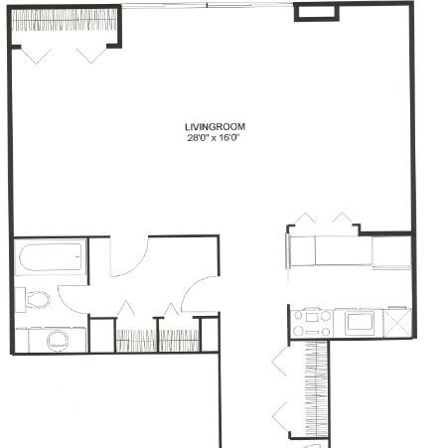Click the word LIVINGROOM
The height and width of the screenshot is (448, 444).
coord(215,127)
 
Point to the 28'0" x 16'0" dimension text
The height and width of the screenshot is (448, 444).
coord(214,138)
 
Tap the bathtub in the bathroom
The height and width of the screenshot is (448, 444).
coord(51,257)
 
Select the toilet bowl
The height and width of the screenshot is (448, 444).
coord(39,299)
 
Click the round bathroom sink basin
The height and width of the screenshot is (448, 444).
coord(58,340)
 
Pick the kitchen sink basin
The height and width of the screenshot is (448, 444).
coord(360,323)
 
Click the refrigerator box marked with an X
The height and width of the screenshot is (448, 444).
coord(397,323)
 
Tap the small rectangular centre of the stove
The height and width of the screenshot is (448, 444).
coord(312,318)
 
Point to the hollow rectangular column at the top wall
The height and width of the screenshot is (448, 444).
coord(317,12)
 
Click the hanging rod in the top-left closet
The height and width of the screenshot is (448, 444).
coord(65,21)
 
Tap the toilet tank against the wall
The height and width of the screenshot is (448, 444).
coord(20,300)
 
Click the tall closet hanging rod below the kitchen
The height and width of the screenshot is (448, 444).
coord(317,388)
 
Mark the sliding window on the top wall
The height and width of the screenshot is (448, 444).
coord(208,5)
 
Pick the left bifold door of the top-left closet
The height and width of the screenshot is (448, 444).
coord(36,56)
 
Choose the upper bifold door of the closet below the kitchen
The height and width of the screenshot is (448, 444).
coord(280,362)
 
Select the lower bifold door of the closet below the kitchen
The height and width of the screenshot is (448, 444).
coord(280,416)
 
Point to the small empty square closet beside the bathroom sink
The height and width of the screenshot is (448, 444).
coord(102,336)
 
